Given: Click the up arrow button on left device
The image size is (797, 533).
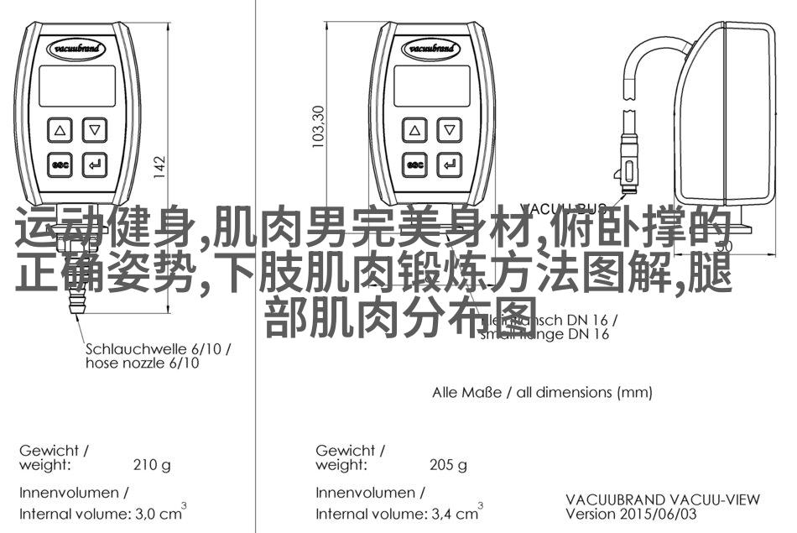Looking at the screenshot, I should (60, 130).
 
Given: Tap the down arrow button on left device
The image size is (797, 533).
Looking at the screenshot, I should (96, 130).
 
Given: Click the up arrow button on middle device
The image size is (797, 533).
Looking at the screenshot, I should (414, 130).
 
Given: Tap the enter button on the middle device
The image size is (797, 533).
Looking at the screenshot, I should (451, 165).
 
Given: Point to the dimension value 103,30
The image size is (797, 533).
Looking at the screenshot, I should (318, 127).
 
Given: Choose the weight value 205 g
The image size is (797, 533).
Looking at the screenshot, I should (447, 463).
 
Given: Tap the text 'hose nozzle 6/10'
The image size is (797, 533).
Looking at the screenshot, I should (142, 363).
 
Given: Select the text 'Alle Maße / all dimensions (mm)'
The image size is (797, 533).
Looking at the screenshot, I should (542, 392).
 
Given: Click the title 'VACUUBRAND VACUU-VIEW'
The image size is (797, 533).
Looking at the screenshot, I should (662, 499).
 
